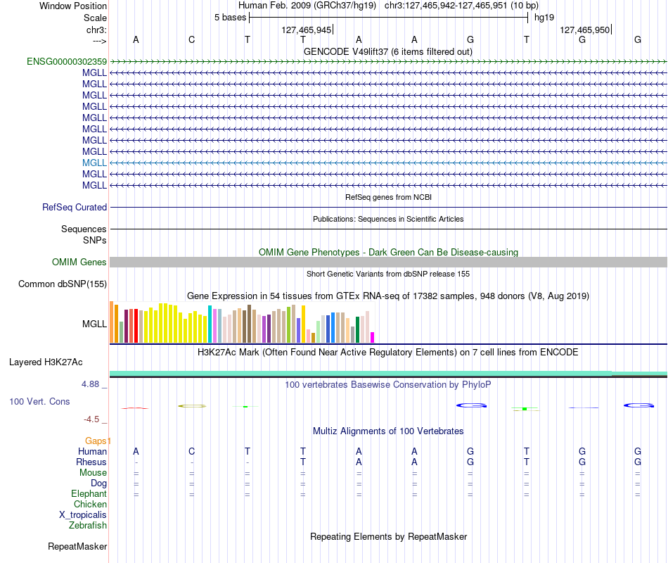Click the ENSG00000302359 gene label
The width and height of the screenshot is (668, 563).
click(x=67, y=61)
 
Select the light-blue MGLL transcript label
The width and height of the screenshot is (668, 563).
click(x=94, y=163)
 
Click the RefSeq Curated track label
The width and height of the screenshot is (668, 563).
click(x=75, y=208)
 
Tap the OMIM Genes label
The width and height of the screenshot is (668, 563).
click(x=79, y=262)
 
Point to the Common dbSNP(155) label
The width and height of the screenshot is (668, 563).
click(x=63, y=284)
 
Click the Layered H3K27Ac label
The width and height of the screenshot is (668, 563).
click(x=46, y=362)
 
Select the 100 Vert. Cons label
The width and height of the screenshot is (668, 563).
click(x=39, y=401)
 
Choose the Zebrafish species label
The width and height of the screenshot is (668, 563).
click(x=88, y=526)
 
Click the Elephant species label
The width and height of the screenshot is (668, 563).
click(x=89, y=493)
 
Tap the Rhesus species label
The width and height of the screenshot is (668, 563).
click(x=91, y=462)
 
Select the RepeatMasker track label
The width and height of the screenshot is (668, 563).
click(x=77, y=546)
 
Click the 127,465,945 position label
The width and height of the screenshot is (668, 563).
click(x=307, y=30)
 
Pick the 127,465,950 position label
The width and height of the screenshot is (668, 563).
click(x=584, y=30)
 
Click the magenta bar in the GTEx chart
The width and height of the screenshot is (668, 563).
click(x=373, y=337)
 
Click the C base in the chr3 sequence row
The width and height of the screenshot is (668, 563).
click(x=192, y=39)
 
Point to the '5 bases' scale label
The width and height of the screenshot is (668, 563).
click(x=230, y=18)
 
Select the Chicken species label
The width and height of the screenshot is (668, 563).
click(x=90, y=504)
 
